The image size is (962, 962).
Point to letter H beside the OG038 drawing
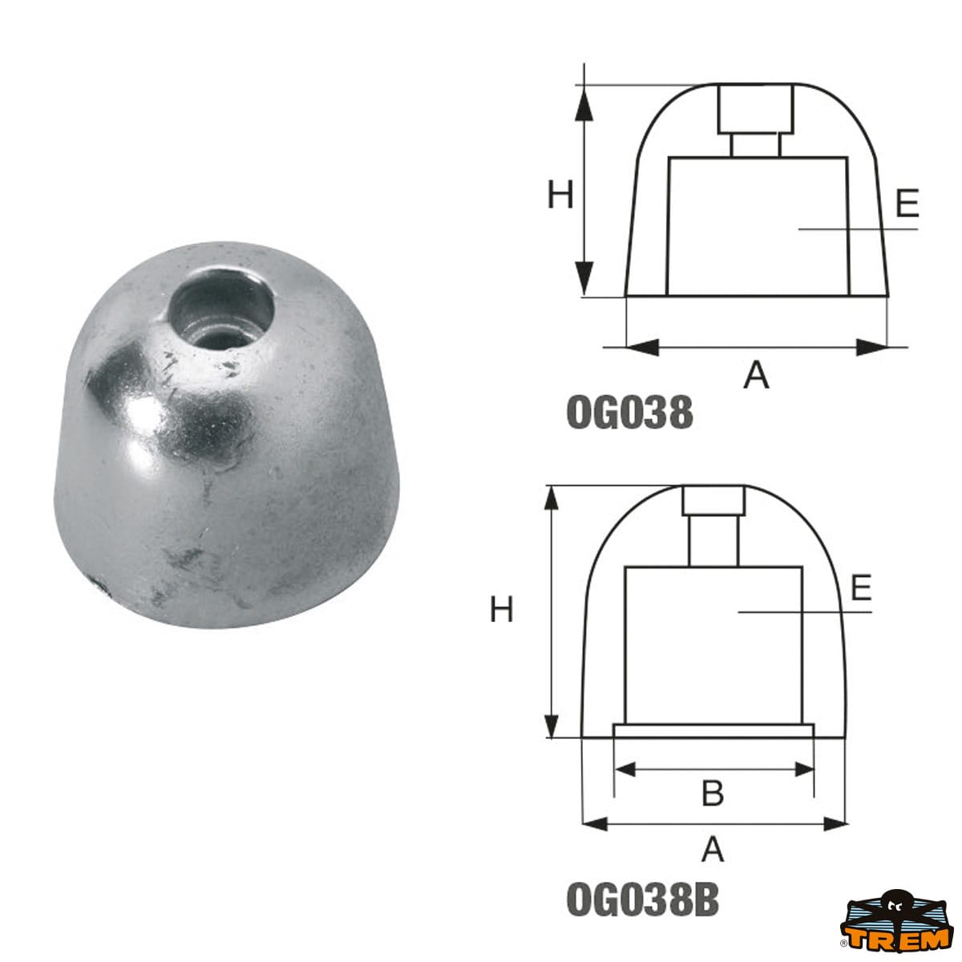tap(560, 195)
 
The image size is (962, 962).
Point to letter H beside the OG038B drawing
tap(501, 610)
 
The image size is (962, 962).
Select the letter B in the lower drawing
tap(713, 793)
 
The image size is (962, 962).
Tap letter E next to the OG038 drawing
tap(907, 203)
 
